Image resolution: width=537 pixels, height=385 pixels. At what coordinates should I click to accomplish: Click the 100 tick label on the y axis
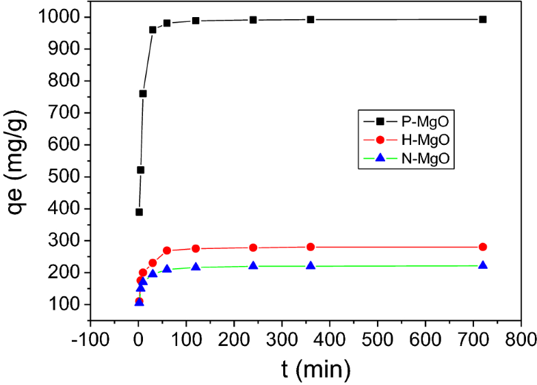pos(67,304)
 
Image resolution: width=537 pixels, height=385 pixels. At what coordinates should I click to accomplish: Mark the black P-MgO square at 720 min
pos(483,19)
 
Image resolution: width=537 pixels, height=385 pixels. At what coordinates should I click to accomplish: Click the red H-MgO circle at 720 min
pos(483,247)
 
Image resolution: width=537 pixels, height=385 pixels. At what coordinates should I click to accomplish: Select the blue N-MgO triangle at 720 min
pos(483,265)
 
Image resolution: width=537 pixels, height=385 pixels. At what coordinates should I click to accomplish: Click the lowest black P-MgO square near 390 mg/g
pos(139,212)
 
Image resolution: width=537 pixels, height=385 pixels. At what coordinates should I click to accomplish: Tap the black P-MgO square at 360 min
pos(311,19)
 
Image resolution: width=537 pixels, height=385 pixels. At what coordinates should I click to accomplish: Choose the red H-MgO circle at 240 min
pos(253,248)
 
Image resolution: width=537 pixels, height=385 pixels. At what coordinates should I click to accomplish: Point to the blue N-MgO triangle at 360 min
pos(311,265)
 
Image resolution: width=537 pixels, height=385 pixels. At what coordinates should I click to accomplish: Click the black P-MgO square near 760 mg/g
pos(143,94)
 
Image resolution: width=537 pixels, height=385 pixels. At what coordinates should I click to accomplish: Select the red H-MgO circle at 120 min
pos(196,249)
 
